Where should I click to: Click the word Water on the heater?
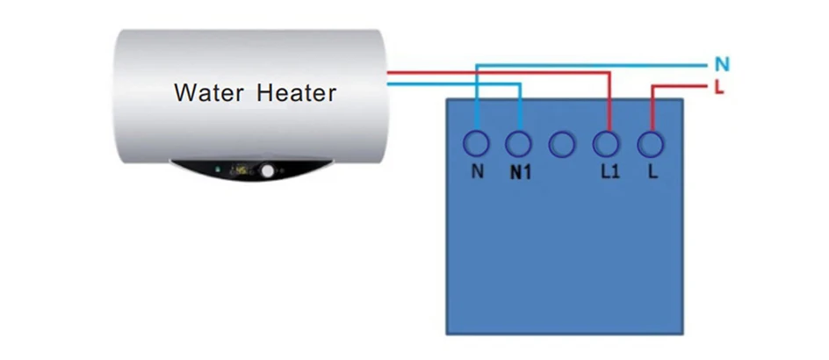209,92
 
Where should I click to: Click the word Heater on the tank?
296,92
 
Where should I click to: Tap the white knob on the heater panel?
269,170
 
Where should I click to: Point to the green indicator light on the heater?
217,169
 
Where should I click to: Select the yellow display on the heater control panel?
241,170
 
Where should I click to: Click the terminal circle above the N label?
476,143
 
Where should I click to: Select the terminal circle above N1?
519,143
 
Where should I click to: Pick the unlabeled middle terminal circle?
561,144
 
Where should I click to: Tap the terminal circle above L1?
605,143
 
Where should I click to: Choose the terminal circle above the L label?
651,143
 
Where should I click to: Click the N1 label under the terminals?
520,173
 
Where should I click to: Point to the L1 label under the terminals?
609,172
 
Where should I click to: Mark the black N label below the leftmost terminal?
478,172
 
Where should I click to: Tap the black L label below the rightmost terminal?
653,172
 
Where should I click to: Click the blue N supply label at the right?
722,64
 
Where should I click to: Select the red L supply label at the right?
718,87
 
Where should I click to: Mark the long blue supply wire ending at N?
592,66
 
